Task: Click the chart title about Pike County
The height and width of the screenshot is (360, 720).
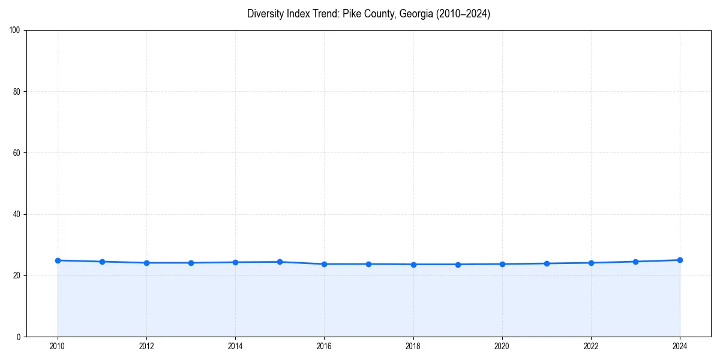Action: [x=368, y=14]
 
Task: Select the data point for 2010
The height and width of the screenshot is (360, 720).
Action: [x=58, y=260]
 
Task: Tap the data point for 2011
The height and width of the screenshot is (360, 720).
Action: [x=102, y=262]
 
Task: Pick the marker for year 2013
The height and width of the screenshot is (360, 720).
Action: [x=191, y=263]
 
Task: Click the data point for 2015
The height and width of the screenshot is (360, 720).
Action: [x=280, y=262]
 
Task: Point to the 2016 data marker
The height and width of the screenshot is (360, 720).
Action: [x=324, y=264]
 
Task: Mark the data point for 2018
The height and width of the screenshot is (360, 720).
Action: [x=413, y=265]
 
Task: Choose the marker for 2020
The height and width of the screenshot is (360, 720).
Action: [x=502, y=264]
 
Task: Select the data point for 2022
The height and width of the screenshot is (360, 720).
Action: [x=591, y=263]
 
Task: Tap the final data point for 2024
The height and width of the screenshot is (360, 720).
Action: [x=680, y=260]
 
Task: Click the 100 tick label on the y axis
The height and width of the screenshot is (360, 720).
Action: [x=15, y=31]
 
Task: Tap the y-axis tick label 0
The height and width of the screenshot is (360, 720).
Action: [x=19, y=337]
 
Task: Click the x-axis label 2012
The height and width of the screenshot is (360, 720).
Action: [x=146, y=346]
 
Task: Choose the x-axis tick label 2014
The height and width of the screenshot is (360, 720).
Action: [x=235, y=346]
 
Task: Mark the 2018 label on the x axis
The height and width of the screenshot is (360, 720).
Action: [x=413, y=346]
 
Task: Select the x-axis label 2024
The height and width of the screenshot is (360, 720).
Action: [x=680, y=346]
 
